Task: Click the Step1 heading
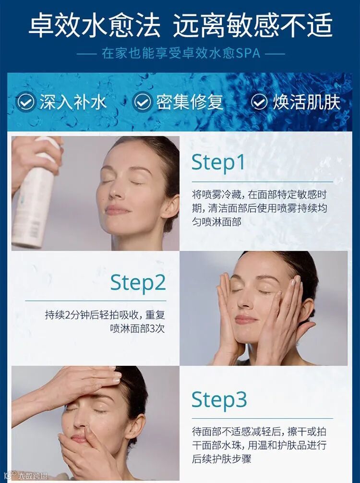pyautogui.click(x=218, y=162)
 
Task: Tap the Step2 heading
pyautogui.click(x=138, y=282)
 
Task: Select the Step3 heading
pyautogui.click(x=219, y=400)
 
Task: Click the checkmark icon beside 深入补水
pyautogui.click(x=24, y=102)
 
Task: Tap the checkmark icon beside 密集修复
pyautogui.click(x=142, y=102)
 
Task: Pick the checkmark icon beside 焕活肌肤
pyautogui.click(x=259, y=102)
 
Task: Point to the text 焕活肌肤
pyautogui.click(x=306, y=102)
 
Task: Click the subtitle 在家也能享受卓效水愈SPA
pyautogui.click(x=181, y=53)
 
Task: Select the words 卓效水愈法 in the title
pyautogui.click(x=94, y=24)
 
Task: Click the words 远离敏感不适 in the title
pyautogui.click(x=252, y=24)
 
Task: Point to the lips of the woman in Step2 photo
pyautogui.click(x=245, y=319)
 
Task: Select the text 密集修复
pyautogui.click(x=190, y=102)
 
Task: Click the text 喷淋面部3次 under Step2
pyautogui.click(x=137, y=328)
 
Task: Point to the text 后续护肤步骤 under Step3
pyautogui.click(x=221, y=459)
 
